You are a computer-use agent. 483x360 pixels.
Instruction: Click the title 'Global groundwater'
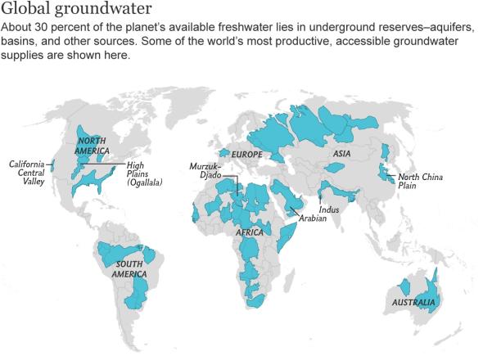click(76, 10)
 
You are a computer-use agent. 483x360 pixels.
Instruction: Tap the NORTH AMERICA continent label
click(92, 145)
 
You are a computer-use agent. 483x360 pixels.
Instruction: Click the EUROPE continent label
click(246, 154)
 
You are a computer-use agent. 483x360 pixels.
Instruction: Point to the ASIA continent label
click(341, 153)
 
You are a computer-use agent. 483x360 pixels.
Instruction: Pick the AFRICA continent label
click(249, 232)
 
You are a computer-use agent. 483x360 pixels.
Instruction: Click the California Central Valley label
click(26, 173)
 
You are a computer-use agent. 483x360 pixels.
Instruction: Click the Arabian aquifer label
click(312, 218)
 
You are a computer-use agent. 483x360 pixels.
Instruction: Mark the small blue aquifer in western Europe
click(223, 152)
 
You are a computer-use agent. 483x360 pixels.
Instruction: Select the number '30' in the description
click(42, 27)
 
